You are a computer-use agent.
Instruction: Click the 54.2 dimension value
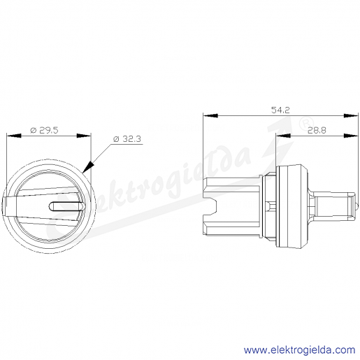click(x=280, y=110)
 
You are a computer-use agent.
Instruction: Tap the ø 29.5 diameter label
click(x=44, y=130)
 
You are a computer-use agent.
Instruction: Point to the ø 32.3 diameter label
click(x=127, y=139)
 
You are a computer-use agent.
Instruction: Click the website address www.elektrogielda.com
click(x=300, y=350)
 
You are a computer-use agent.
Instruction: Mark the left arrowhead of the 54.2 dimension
click(x=210, y=115)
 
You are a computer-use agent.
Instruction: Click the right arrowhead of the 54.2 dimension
click(x=351, y=115)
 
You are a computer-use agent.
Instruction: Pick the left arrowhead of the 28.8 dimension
click(x=283, y=136)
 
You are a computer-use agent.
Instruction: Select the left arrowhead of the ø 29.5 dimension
click(x=14, y=136)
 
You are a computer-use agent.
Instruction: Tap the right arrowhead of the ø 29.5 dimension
click(x=84, y=136)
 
